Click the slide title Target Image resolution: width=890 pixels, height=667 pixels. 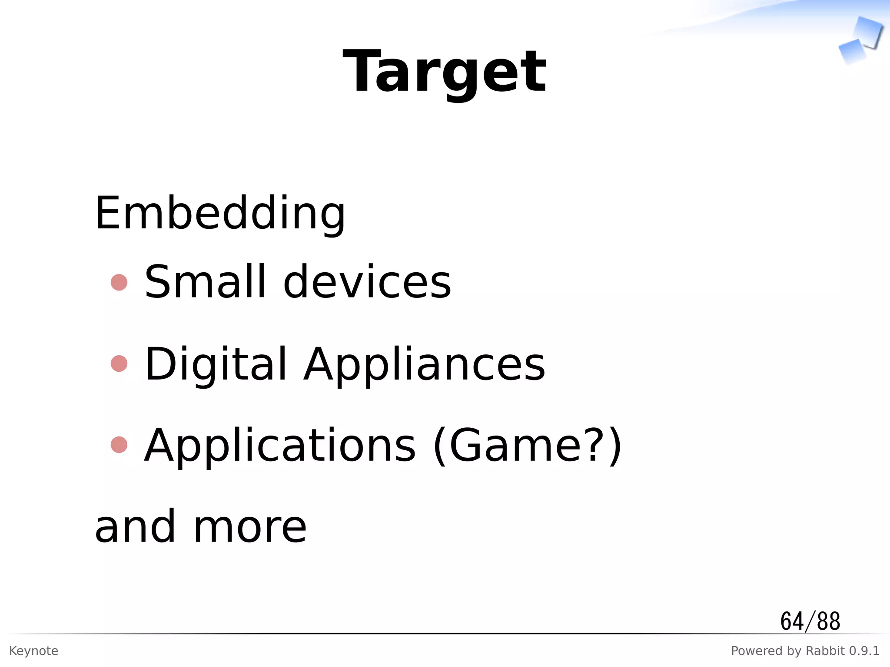pos(444,72)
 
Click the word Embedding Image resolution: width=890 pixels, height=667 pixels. pos(220,213)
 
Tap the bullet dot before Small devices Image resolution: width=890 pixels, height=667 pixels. pos(119,282)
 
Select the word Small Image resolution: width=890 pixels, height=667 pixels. pos(205,282)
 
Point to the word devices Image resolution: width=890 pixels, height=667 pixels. pos(367,282)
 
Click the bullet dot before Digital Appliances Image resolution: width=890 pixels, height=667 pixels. pos(119,363)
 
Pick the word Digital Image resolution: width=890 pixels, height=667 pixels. pos(216,364)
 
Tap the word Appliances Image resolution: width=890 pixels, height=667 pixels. pos(424,364)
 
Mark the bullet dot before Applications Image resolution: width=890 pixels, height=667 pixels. pos(119,445)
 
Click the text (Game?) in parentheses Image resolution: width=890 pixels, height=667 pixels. pos(528,446)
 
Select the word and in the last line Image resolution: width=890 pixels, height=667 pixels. pos(135,526)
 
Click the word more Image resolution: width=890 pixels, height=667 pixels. pos(250,527)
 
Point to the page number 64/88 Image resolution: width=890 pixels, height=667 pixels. pos(810,621)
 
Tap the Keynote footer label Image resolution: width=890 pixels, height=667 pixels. pos(33,651)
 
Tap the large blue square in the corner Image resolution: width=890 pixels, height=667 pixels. pos(868,31)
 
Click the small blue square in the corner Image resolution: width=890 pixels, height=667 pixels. pos(851,51)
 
